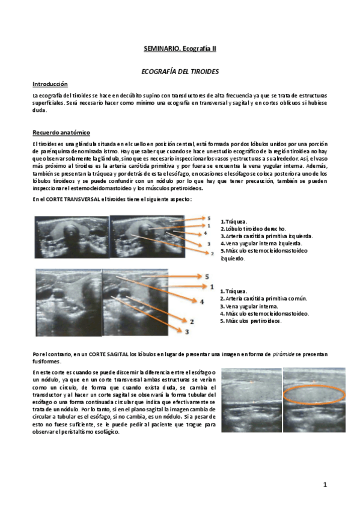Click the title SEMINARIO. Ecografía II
coord(180,49)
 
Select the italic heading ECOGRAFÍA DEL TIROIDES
coord(180,72)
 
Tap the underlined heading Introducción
coord(50,84)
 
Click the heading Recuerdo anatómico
coord(61,133)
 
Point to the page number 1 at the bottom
coord(325,485)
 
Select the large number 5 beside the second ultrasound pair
coord(207,277)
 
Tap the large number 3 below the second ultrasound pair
coord(187,332)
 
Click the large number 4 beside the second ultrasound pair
coord(202,302)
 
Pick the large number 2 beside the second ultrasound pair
coord(192,322)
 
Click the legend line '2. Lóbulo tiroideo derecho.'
coord(253,229)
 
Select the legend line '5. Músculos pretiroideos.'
coord(251,321)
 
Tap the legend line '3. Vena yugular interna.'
coord(249,306)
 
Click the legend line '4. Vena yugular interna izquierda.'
coord(261,244)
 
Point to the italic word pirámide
coord(283,354)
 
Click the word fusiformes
coord(47,361)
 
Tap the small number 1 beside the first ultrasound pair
coord(209,226)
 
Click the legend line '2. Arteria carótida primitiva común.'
coord(263,298)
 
